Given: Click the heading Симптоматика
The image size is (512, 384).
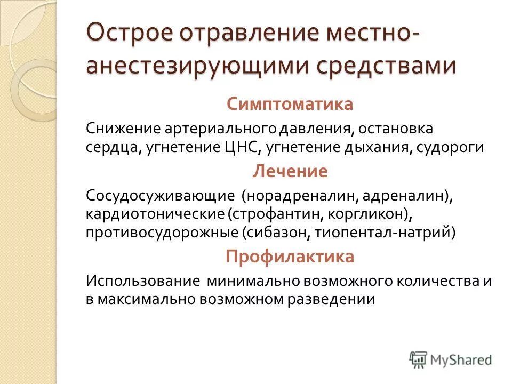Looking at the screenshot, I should tap(290, 103).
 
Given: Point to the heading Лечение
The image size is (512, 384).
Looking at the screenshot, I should tap(290, 171).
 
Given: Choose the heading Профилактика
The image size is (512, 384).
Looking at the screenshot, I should tap(290, 257).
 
